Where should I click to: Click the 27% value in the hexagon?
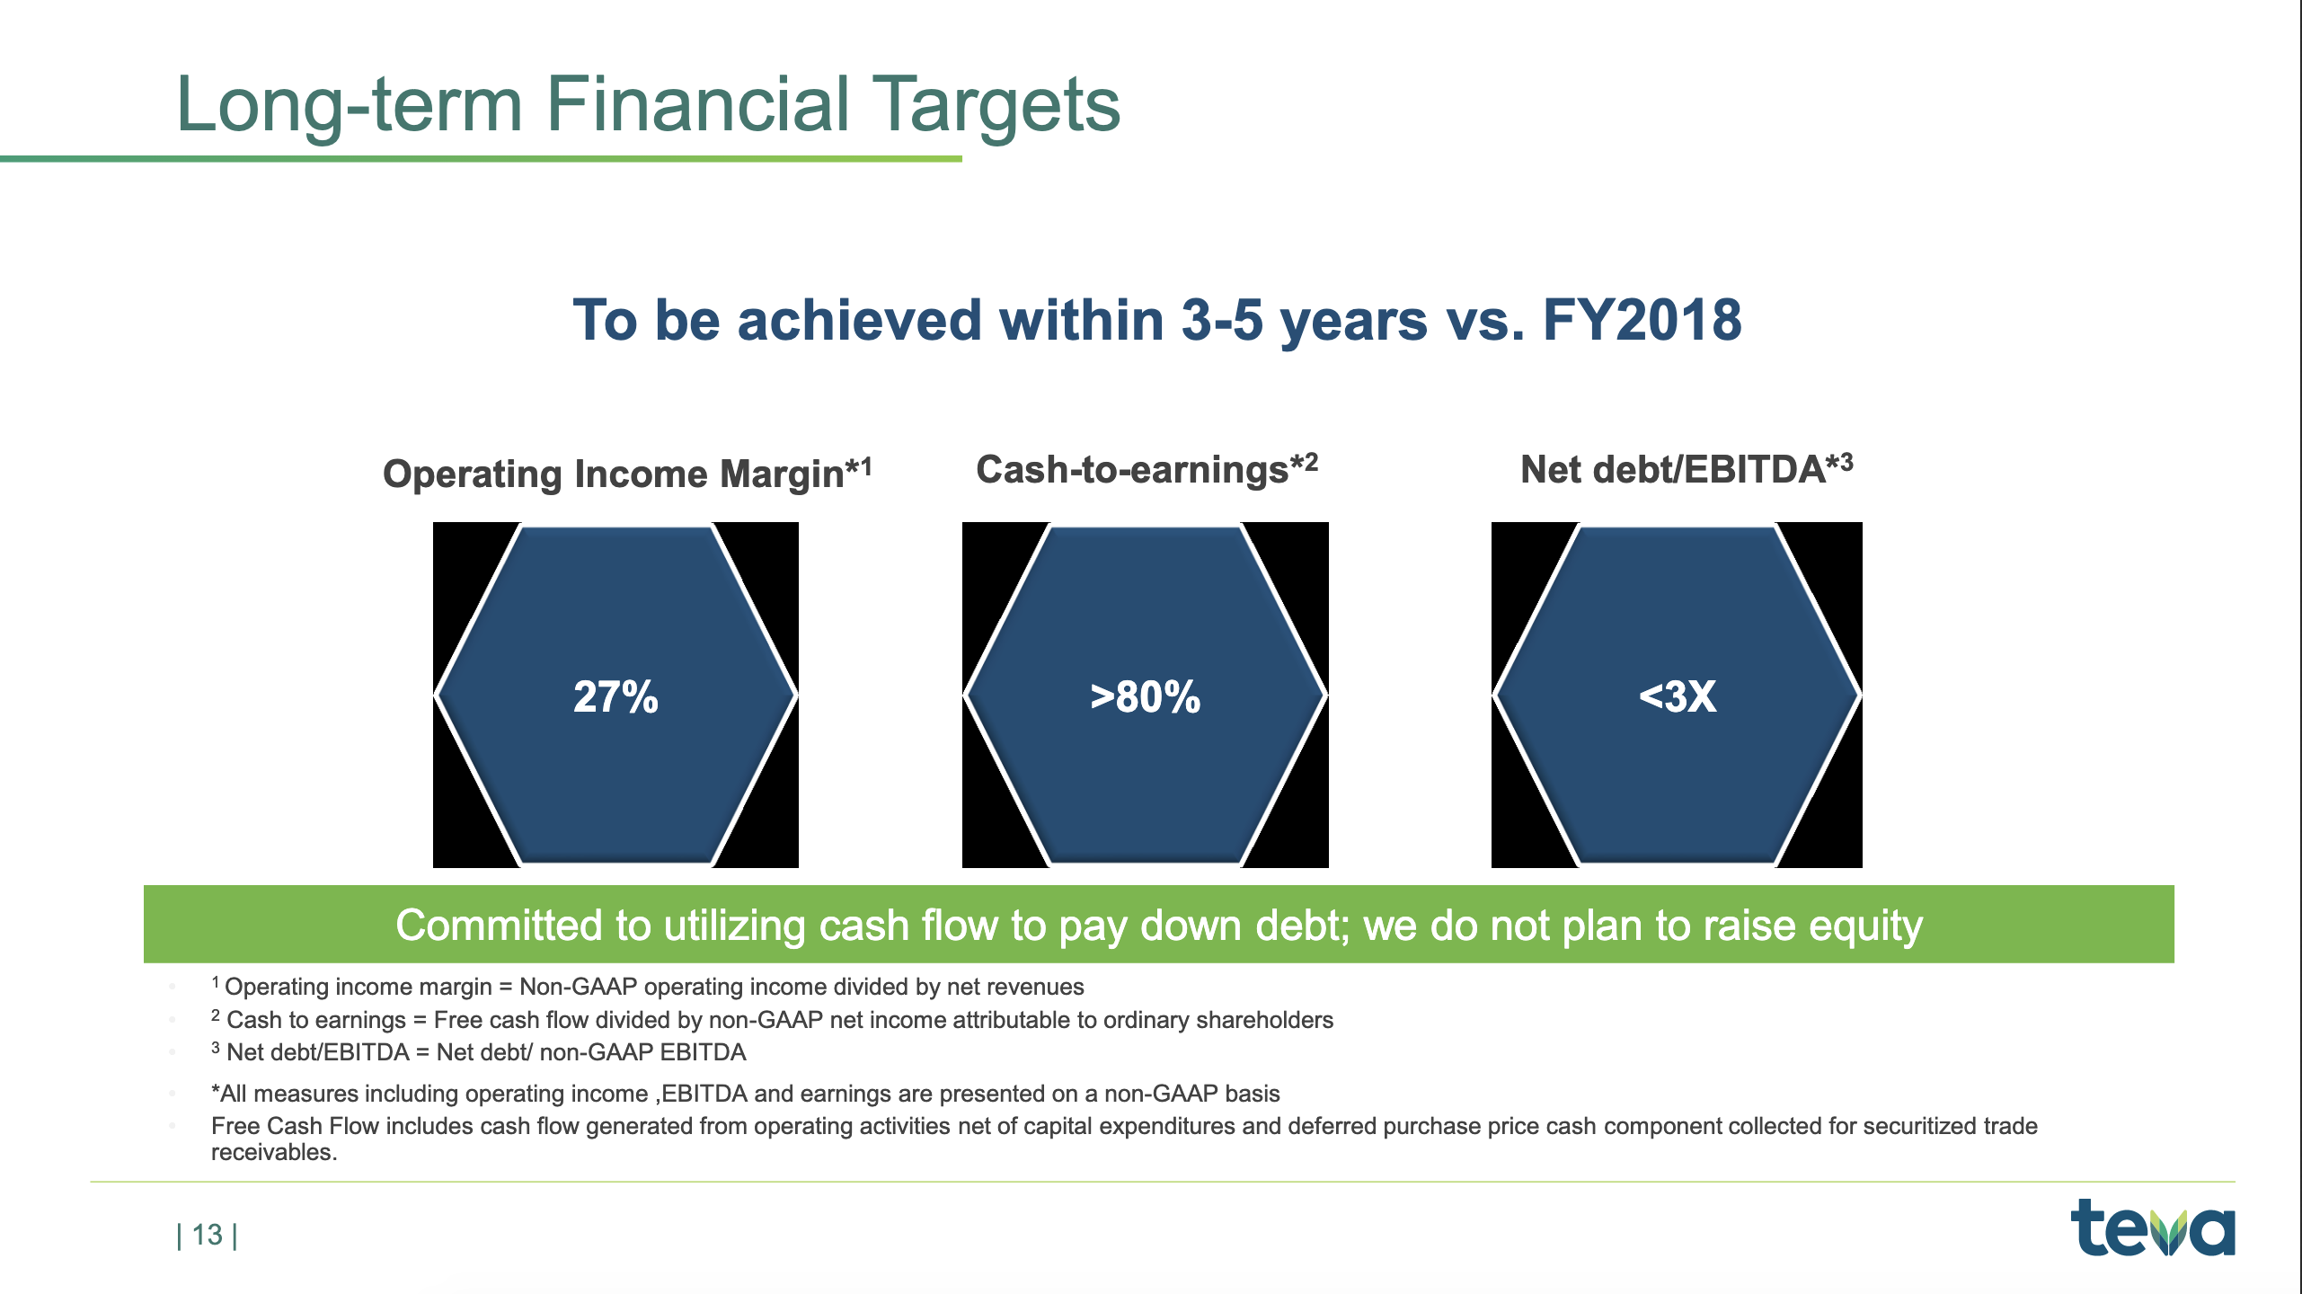tap(616, 696)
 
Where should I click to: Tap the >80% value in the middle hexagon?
tap(1146, 696)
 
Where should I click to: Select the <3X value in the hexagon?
tap(1678, 696)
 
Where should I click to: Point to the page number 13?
tap(208, 1235)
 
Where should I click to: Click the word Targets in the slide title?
tap(996, 106)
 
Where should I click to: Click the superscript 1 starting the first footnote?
tap(215, 981)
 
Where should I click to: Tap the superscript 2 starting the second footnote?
tap(216, 1015)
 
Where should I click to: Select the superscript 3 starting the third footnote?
tap(216, 1047)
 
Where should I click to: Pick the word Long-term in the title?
tap(350, 106)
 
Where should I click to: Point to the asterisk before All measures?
tap(216, 1090)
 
